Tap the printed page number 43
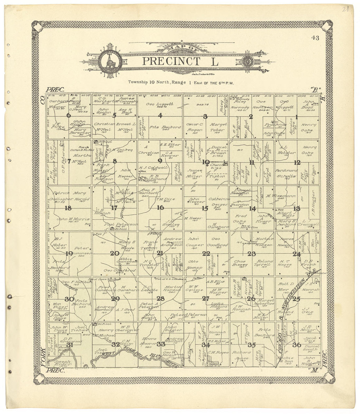coord(315,38)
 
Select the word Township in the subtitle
coord(137,82)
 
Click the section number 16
coord(160,207)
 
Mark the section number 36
coord(297,345)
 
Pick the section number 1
coord(297,117)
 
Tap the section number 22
coord(206,253)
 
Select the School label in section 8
coord(107,142)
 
